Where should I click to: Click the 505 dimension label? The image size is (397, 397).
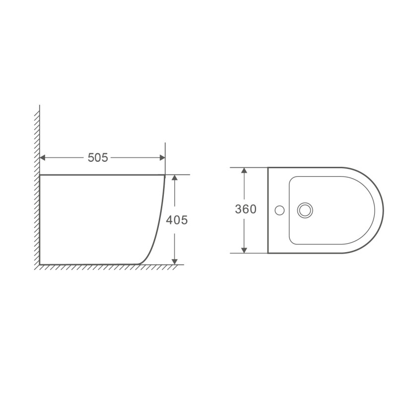coord(98,158)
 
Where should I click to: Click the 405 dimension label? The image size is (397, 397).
coord(177,220)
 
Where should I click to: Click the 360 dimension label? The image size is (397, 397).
coord(246,209)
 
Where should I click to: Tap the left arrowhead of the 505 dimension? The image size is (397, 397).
coord(43,158)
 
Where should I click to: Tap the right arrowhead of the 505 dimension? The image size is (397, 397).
coord(162,158)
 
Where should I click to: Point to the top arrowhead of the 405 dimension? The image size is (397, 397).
coord(175,178)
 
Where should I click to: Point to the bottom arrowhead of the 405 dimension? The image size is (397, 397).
coord(175,262)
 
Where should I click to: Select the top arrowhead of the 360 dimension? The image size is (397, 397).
coord(244,170)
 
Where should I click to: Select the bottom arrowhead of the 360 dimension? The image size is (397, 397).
coord(244,250)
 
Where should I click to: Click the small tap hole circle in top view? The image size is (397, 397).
coord(279,210)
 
